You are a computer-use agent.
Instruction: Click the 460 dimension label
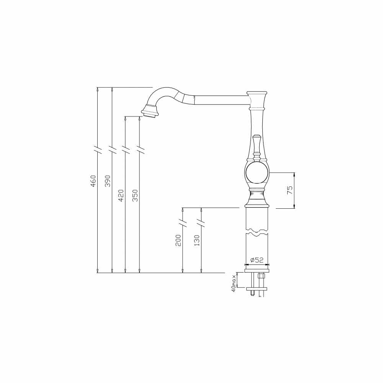click(x=93, y=181)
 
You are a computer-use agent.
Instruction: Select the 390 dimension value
click(x=108, y=181)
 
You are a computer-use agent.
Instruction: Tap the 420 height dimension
click(x=121, y=196)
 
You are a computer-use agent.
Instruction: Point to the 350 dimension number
click(x=135, y=196)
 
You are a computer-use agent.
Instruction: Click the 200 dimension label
click(x=178, y=241)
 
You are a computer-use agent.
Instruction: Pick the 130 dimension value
click(x=197, y=241)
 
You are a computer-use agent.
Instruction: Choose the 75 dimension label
click(x=290, y=190)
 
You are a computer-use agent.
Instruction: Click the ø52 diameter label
click(x=257, y=260)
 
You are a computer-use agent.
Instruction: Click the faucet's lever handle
click(x=256, y=148)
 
